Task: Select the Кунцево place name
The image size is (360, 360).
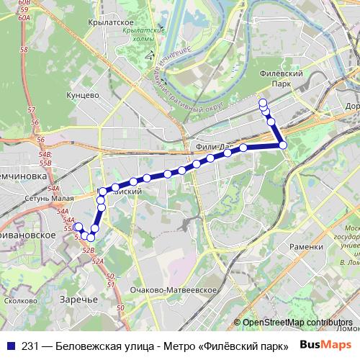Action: tap(81, 94)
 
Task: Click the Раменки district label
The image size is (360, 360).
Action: tap(305, 246)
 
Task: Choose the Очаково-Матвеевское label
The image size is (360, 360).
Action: tap(174, 289)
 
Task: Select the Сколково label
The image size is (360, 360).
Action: tap(19, 300)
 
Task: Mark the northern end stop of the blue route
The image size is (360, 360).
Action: tap(263, 102)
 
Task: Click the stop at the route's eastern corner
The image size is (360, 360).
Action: tap(283, 145)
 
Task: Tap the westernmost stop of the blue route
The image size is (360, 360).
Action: tap(78, 227)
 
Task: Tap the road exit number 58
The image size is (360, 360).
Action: tap(24, 50)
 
